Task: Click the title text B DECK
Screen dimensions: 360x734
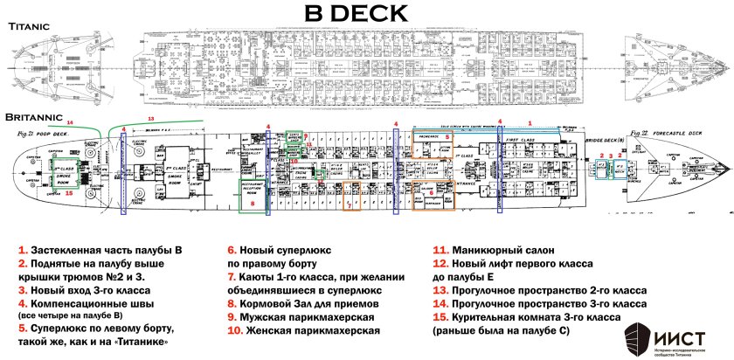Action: click(367, 13)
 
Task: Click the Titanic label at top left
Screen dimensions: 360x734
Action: click(34, 28)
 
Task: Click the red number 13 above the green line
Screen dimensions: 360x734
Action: click(150, 116)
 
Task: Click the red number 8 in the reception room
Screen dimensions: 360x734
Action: click(252, 203)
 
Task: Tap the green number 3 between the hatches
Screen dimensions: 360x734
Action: click(610, 163)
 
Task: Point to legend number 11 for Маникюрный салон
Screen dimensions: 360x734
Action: click(440, 247)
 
